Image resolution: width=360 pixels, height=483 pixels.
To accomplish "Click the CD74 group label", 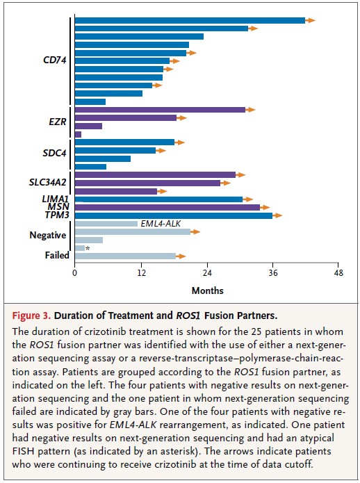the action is (55, 60).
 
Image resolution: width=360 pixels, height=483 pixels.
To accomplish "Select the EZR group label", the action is (58, 122).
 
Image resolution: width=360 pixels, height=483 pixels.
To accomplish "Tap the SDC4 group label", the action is (54, 153).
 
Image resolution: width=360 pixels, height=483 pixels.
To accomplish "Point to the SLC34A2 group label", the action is (48, 182).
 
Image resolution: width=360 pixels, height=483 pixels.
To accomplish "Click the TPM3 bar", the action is (174, 215).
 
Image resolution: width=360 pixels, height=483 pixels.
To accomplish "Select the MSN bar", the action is (167, 207).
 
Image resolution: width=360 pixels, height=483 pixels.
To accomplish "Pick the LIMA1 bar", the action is (158, 199).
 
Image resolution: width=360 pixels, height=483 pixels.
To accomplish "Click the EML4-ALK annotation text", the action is (161, 223).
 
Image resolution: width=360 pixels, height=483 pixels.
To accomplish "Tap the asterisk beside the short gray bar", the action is (88, 249).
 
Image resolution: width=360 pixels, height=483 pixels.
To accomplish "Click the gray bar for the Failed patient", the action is (125, 256).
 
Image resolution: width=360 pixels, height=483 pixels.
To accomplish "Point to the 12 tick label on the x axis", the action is (141, 273).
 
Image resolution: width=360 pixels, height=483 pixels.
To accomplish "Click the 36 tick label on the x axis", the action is (273, 273).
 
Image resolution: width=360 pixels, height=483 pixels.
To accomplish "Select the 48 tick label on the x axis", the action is (338, 273).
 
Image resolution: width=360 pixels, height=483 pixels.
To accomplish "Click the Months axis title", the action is (208, 290).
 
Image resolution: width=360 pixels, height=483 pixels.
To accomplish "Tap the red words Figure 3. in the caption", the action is (31, 316).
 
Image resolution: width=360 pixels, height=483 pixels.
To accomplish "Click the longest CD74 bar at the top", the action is (190, 20).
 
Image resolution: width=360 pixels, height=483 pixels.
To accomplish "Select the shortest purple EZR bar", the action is (78, 134).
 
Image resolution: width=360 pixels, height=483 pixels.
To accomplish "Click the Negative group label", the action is (48, 236).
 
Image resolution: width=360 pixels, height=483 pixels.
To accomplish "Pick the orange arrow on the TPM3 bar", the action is (277, 215).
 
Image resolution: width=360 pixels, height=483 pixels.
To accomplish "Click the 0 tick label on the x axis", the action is (75, 273).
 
